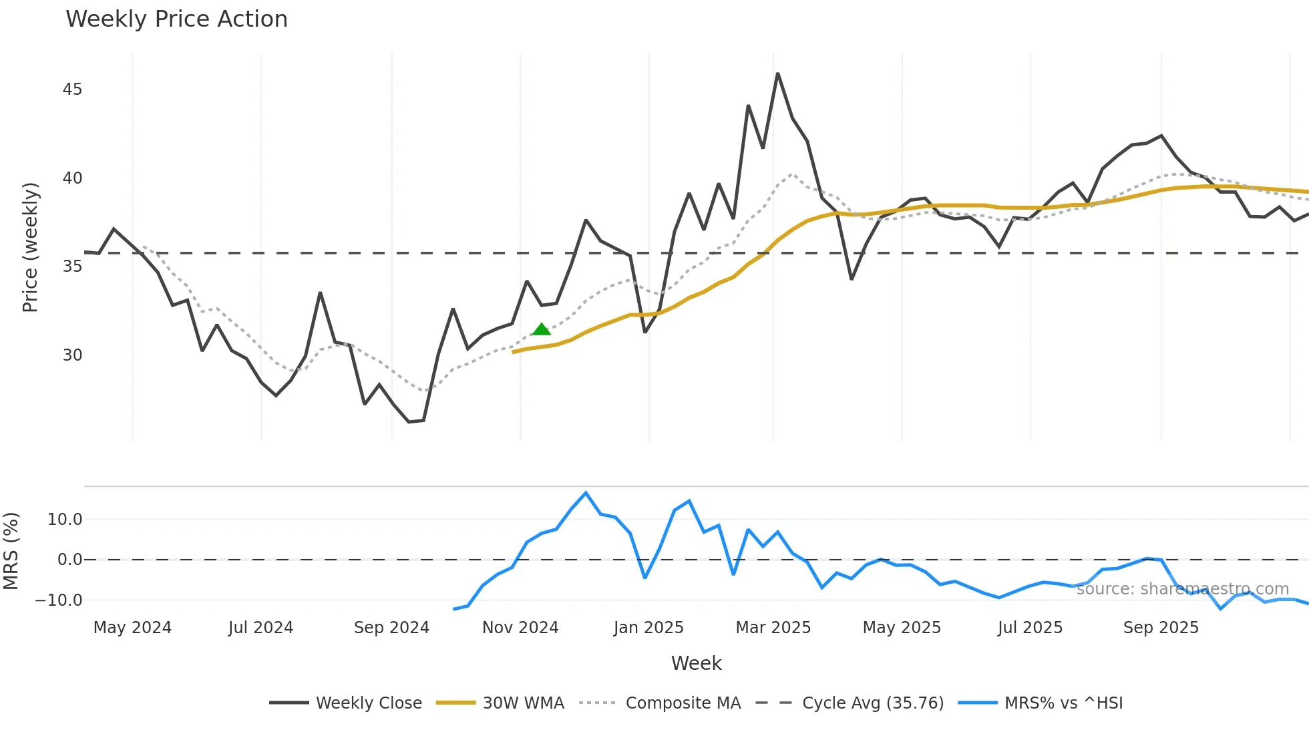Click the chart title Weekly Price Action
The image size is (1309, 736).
(x=176, y=19)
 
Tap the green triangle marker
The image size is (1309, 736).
(x=542, y=329)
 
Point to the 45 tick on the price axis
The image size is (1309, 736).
(x=72, y=89)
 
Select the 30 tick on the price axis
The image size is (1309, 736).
(x=72, y=355)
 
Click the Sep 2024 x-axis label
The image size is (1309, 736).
(x=391, y=628)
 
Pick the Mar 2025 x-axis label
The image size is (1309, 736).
(x=773, y=628)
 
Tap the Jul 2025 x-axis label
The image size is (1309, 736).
(x=1030, y=628)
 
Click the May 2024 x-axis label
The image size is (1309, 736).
(x=132, y=628)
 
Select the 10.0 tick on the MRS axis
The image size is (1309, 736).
(x=65, y=520)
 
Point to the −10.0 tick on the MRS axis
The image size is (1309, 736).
(x=59, y=600)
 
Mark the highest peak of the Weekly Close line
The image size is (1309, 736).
(x=777, y=73)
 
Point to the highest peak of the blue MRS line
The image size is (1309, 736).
(x=586, y=493)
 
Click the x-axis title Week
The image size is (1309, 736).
(x=696, y=663)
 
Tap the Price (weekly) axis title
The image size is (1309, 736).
(x=30, y=247)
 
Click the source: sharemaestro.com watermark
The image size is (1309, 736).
(x=1182, y=588)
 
